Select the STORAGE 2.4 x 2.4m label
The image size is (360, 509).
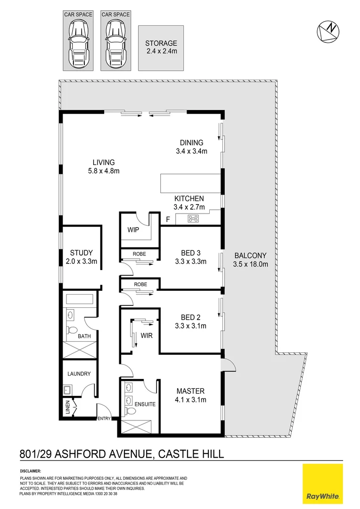[161, 47]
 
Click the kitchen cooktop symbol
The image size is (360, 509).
[193, 218]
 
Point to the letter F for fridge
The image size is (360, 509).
[167, 219]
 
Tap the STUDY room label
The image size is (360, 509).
[81, 253]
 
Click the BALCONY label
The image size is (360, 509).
[250, 256]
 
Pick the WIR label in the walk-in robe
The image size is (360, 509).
[146, 336]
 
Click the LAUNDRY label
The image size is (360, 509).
[79, 374]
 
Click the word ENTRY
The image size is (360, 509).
[103, 419]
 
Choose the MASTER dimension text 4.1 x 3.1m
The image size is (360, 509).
[191, 400]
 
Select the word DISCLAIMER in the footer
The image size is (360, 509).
[31, 471]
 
